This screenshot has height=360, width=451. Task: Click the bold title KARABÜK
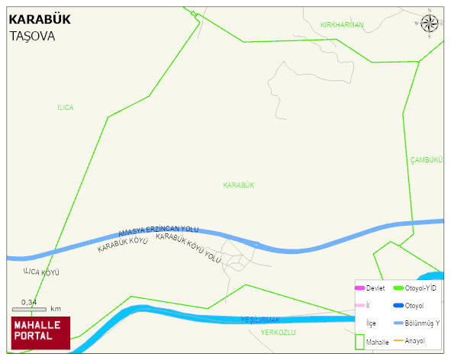39,21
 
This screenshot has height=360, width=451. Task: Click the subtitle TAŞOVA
33,36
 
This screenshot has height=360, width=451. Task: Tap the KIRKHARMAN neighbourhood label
342,25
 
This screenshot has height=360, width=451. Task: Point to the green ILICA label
66,108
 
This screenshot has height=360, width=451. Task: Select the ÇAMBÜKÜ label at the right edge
427,159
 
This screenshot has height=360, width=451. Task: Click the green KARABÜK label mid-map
238,185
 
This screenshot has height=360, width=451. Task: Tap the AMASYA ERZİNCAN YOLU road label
158,231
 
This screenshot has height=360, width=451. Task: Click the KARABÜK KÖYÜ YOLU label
188,249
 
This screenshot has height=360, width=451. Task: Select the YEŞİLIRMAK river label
261,320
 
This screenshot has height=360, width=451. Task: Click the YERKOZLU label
278,333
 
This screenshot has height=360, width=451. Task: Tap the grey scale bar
30,309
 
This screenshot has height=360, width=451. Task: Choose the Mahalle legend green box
359,341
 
